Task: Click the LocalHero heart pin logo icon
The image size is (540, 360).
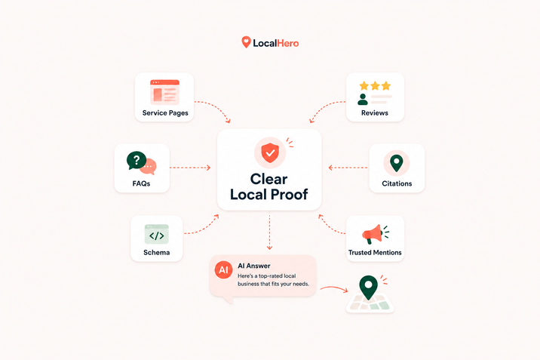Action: [246, 42]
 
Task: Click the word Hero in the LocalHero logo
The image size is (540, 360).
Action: [288, 43]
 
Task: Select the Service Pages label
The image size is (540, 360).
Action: [165, 113]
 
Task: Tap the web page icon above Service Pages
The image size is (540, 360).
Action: [164, 92]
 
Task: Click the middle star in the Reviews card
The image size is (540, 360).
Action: [375, 85]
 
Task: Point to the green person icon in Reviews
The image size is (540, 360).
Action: [362, 99]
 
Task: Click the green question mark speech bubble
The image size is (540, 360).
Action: [137, 160]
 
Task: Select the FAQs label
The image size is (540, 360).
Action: [141, 183]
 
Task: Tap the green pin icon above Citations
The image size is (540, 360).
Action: [397, 163]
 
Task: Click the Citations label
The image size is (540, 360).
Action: [397, 183]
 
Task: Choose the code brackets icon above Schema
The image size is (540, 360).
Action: [157, 235]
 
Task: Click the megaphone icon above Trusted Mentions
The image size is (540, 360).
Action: [373, 234]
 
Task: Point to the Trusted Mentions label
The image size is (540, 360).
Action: [375, 253]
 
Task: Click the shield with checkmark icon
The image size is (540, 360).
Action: [270, 152]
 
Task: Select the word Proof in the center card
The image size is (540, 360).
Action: [289, 194]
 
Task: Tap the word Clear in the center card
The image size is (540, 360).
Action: [268, 179]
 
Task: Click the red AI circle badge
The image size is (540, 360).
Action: [223, 269]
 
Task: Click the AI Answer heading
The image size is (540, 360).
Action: [254, 266]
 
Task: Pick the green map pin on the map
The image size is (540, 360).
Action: [368, 287]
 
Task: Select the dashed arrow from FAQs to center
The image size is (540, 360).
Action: [190, 168]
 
